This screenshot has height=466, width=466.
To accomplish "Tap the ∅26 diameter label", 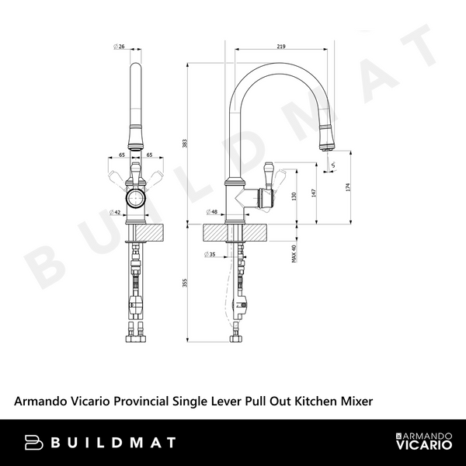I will (x=119, y=47).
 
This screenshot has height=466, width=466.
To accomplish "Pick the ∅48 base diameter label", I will (x=210, y=211).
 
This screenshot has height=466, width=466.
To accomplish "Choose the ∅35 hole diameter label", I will (x=210, y=254).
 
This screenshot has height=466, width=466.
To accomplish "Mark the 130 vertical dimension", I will (x=293, y=198).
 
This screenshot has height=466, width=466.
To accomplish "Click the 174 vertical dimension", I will (x=347, y=186).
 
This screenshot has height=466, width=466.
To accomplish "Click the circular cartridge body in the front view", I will (x=136, y=199).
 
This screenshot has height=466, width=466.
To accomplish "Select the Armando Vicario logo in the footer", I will (x=424, y=443).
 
